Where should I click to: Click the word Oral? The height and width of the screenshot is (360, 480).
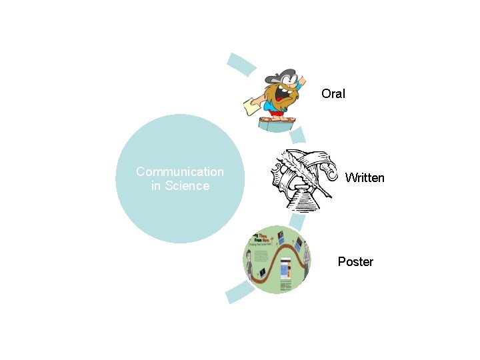[x=333, y=94]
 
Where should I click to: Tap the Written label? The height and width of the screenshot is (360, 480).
[x=365, y=178]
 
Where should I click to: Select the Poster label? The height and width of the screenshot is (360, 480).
[x=355, y=262]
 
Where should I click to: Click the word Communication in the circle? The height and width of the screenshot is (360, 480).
[x=180, y=172]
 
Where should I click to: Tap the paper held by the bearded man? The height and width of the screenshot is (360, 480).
[x=252, y=105]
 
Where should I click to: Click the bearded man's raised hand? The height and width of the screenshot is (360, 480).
[x=301, y=80]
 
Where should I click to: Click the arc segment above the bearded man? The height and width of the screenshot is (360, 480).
[x=241, y=63]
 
